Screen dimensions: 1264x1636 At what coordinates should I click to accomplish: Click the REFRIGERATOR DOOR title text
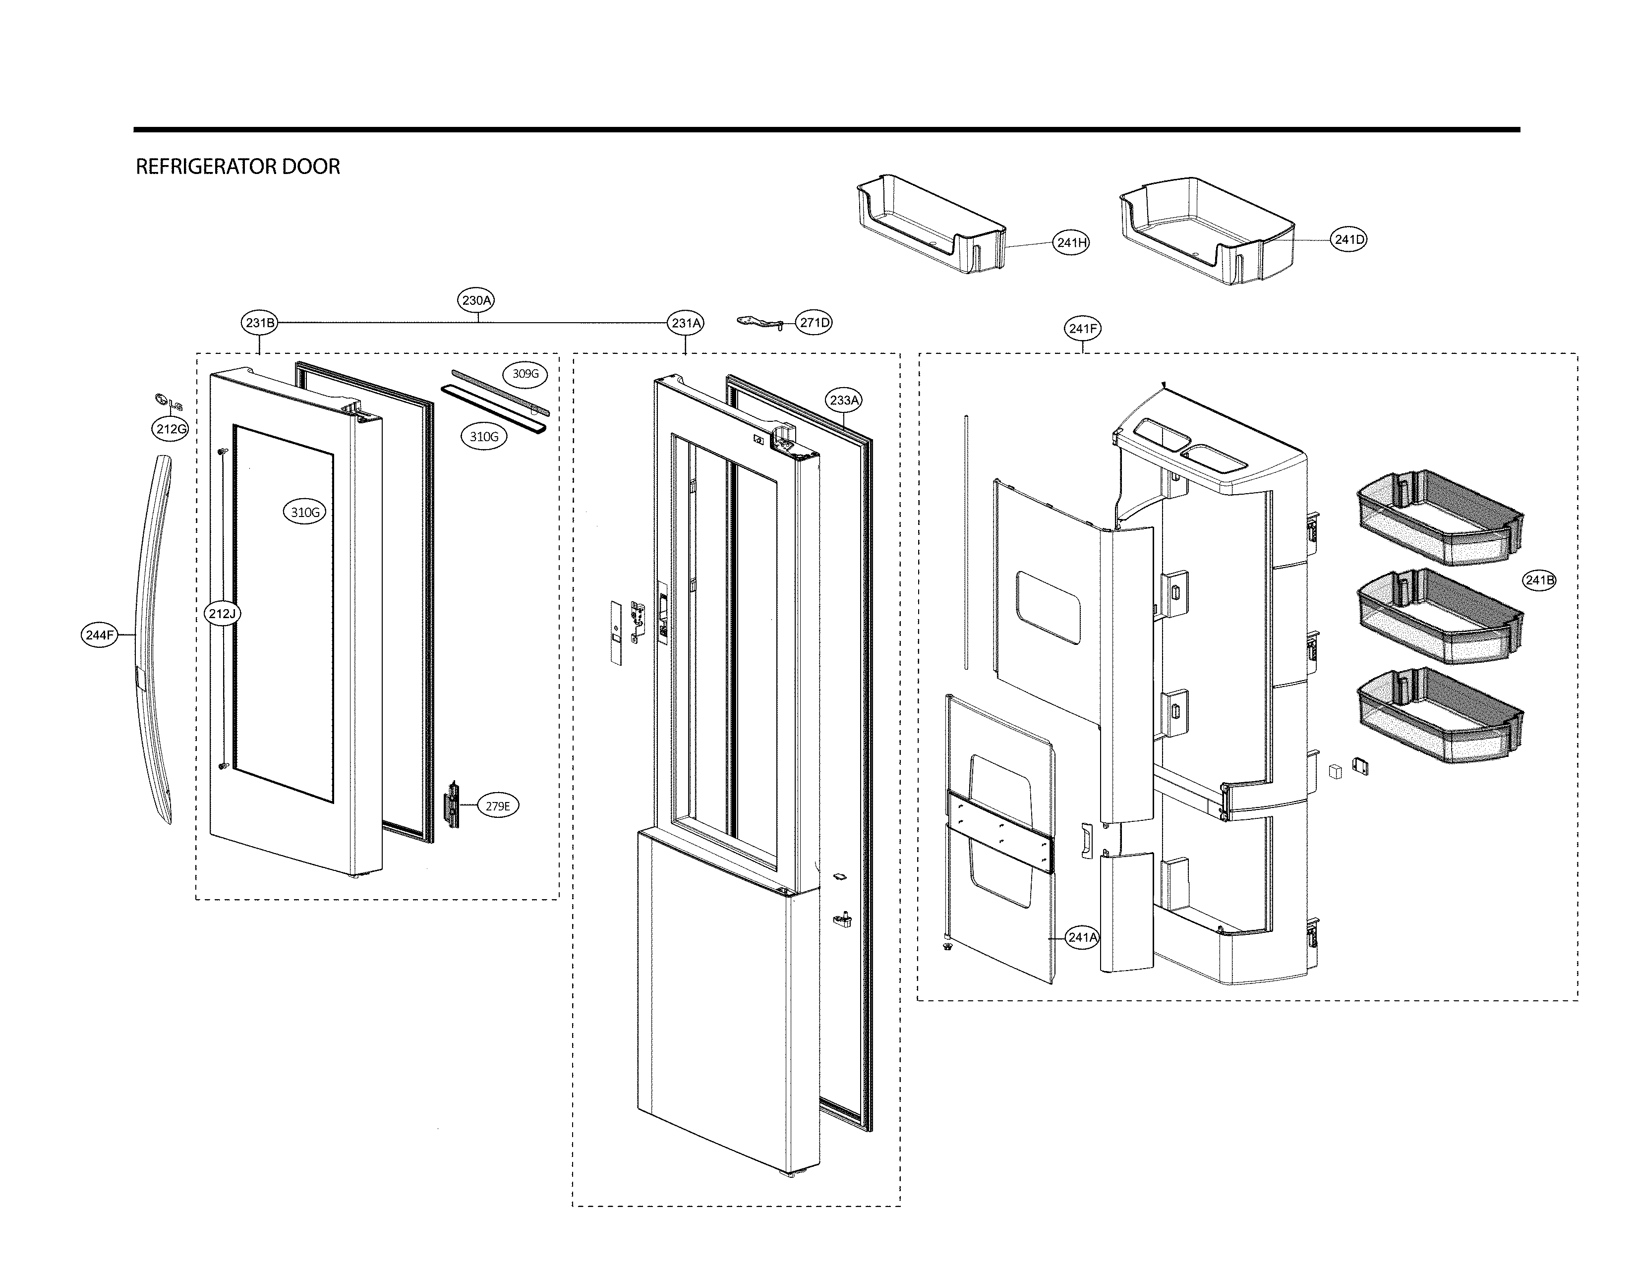coord(237,166)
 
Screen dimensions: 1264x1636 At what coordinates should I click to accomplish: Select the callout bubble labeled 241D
coord(1348,239)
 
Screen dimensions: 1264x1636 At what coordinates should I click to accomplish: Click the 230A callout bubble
coord(476,300)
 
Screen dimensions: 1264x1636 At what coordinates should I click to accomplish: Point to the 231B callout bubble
coord(260,323)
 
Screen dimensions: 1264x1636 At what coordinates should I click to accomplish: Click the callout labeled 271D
coord(814,323)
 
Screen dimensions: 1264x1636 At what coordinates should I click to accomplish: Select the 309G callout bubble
coord(525,374)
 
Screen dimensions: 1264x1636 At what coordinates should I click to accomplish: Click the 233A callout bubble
coord(844,400)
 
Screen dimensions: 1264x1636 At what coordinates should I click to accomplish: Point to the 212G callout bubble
coord(171,429)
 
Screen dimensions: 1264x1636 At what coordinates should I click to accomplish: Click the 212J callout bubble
coord(223,613)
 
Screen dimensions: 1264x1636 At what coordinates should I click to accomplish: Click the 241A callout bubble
coord(1082,937)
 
